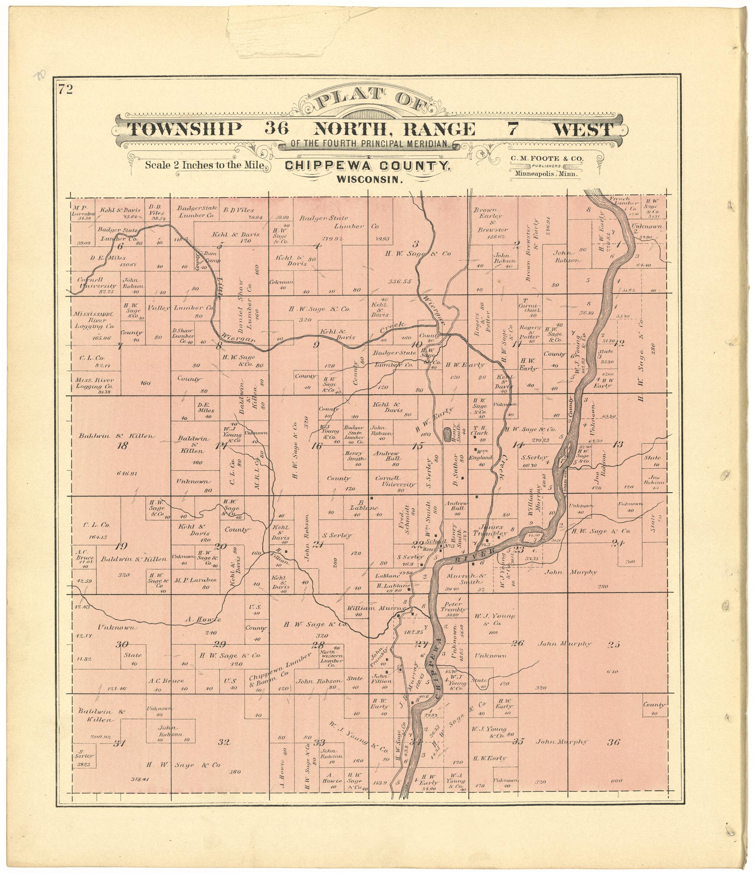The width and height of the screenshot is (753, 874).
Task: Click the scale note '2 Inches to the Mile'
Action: pos(205,165)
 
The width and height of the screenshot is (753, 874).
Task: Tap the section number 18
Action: pos(122,446)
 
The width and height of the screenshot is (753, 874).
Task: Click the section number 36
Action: pos(614,742)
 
